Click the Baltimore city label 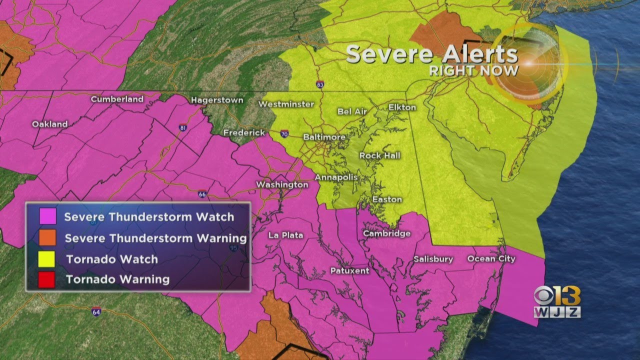(x=324, y=137)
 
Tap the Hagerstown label (x=217, y=100)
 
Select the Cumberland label (x=117, y=99)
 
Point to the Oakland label (x=49, y=124)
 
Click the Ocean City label (x=491, y=258)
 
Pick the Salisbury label (x=433, y=259)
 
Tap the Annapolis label (x=336, y=177)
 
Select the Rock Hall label (x=380, y=155)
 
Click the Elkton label (x=402, y=107)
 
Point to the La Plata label (x=285, y=235)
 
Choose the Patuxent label (x=349, y=270)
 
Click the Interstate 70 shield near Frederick (x=284, y=133)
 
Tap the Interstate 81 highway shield (x=183, y=128)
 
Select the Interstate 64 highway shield (x=96, y=311)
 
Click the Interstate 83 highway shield (x=320, y=85)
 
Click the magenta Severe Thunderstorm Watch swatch (x=46, y=217)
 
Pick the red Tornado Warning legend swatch (x=46, y=279)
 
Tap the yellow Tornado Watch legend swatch (x=46, y=259)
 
